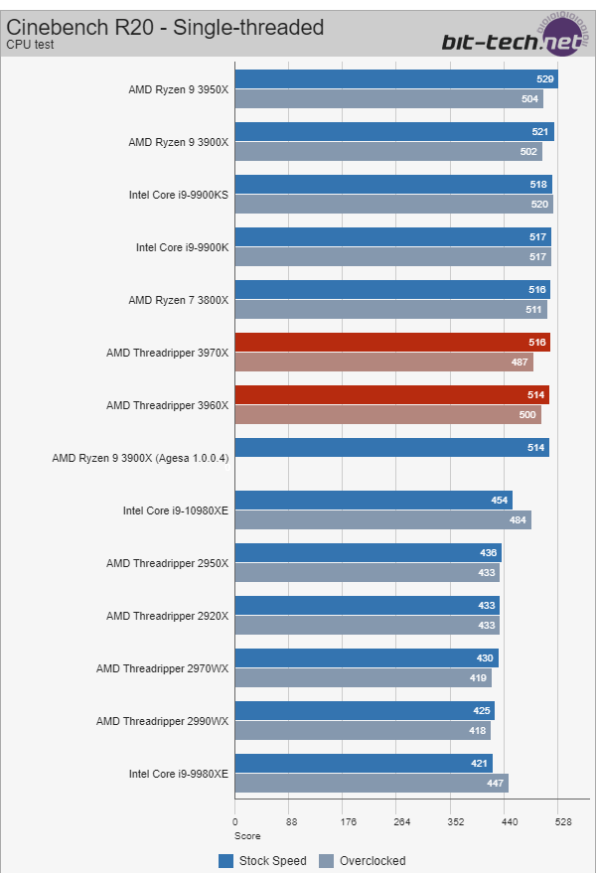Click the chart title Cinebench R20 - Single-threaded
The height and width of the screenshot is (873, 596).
pos(165,27)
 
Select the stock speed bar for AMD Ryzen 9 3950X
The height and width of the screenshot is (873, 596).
pos(395,79)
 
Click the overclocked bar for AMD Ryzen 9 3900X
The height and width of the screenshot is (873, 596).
pos(387,151)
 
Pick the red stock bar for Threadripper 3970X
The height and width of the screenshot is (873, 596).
pos(391,343)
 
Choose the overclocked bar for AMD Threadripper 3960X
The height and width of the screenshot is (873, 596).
pos(387,414)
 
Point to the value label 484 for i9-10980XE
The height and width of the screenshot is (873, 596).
pos(518,519)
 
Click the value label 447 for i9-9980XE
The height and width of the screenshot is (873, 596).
pos(495,783)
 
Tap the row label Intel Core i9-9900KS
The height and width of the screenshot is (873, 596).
pos(179,195)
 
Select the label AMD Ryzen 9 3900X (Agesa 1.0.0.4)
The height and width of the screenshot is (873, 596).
pos(140,458)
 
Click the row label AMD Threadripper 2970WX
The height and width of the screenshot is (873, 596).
pos(162,668)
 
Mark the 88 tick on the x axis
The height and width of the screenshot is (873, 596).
pos(292,822)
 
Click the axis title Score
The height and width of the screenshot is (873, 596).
pos(247,836)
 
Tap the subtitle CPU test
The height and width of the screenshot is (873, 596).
pos(29,45)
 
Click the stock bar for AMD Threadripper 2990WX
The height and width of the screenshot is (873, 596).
pos(364,711)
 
